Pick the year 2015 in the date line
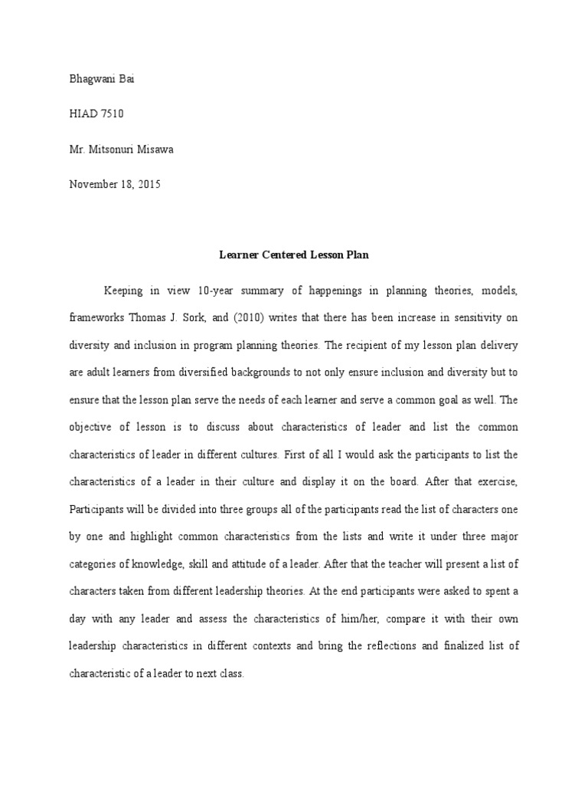[x=149, y=184]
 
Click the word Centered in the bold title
[x=286, y=255]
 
